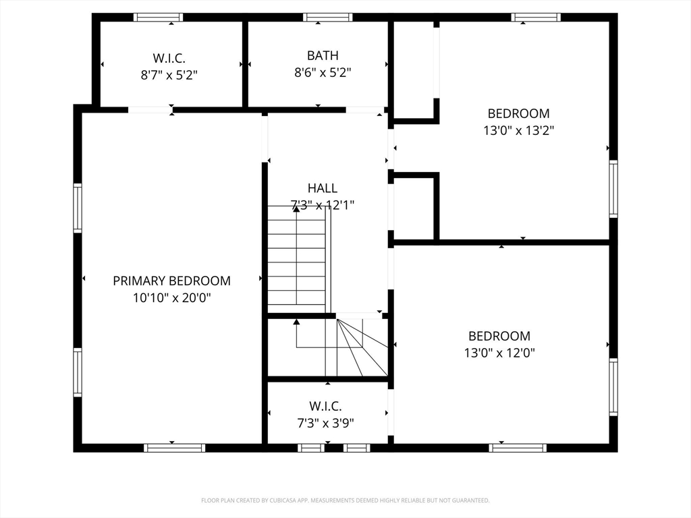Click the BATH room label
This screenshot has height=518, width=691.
coord(323,55)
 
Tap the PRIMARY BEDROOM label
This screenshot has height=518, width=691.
coord(172,281)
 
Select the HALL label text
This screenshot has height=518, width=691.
coord(323,188)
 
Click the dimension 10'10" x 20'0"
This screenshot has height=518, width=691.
coord(172,297)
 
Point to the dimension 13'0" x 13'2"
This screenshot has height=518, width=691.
coord(519,130)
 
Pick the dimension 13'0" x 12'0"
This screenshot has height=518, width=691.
coord(499,353)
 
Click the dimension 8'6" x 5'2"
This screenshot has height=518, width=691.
coord(323,72)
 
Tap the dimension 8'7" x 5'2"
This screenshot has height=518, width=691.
coord(169,75)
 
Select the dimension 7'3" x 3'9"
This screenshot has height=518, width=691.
coord(326,423)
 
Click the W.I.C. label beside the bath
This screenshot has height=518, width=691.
coord(169,58)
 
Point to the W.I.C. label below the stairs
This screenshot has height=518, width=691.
coord(326,406)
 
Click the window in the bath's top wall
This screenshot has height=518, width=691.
coord(327,17)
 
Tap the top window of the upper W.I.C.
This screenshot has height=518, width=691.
coord(158,17)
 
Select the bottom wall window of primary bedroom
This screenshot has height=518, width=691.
coord(175,448)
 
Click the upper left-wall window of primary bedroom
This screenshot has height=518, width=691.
coord(78,208)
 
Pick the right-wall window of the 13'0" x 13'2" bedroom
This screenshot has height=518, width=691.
coord(613,189)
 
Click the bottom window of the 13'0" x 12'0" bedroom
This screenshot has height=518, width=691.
coord(518,448)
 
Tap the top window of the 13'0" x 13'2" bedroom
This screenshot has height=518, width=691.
coord(536,17)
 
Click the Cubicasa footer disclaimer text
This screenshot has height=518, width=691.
coord(345,500)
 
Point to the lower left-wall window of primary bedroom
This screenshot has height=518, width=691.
coord(78,372)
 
